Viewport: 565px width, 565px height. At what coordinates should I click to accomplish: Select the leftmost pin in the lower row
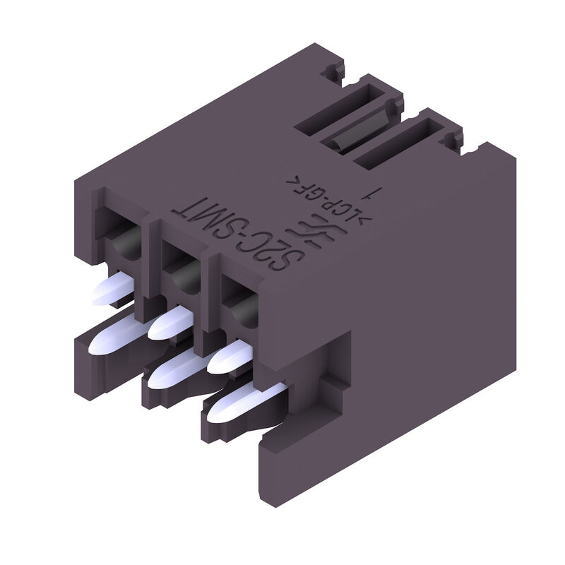[x=113, y=335]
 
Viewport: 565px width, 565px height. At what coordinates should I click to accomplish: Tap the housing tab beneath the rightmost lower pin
[x=226, y=427]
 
